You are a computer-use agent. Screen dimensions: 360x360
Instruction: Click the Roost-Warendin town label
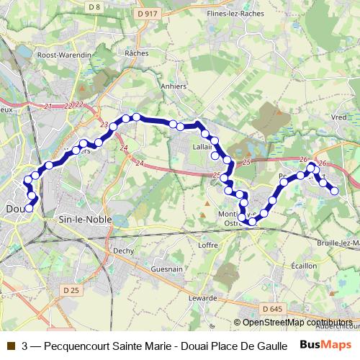pyautogui.click(x=64, y=54)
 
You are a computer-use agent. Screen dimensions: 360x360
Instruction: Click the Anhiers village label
pyautogui.click(x=174, y=86)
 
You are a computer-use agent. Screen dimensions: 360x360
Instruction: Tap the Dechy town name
pyautogui.click(x=124, y=251)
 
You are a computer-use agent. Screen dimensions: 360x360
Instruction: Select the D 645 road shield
pyautogui.click(x=273, y=309)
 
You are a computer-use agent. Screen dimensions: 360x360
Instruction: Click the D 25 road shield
pyautogui.click(x=70, y=290)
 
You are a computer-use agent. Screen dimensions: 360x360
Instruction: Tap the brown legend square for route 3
pyautogui.click(x=10, y=345)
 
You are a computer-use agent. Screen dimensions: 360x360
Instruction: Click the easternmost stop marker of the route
pyautogui.click(x=334, y=191)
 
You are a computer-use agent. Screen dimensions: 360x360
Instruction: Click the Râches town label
pyautogui.click(x=136, y=53)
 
